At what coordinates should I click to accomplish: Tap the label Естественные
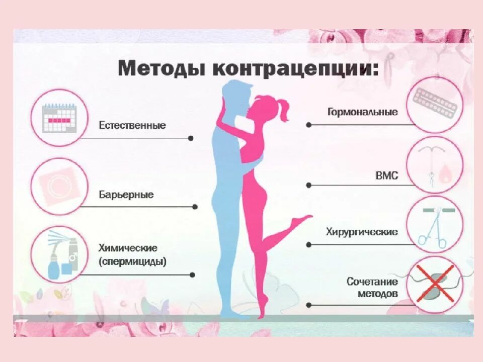pyautogui.click(x=132, y=125)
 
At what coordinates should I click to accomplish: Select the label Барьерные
pyautogui.click(x=127, y=195)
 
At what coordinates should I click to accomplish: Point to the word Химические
pyautogui.click(x=128, y=248)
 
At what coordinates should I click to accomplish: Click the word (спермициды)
pyautogui.click(x=133, y=262)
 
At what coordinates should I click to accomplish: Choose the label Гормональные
pyautogui.click(x=363, y=112)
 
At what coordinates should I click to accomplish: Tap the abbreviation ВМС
pyautogui.click(x=387, y=175)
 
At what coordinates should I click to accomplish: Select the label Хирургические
pyautogui.click(x=362, y=232)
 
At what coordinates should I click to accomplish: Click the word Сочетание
pyautogui.click(x=372, y=282)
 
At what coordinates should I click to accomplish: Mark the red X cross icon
pyautogui.click(x=434, y=284)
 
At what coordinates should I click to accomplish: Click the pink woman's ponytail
pyautogui.click(x=283, y=110)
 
